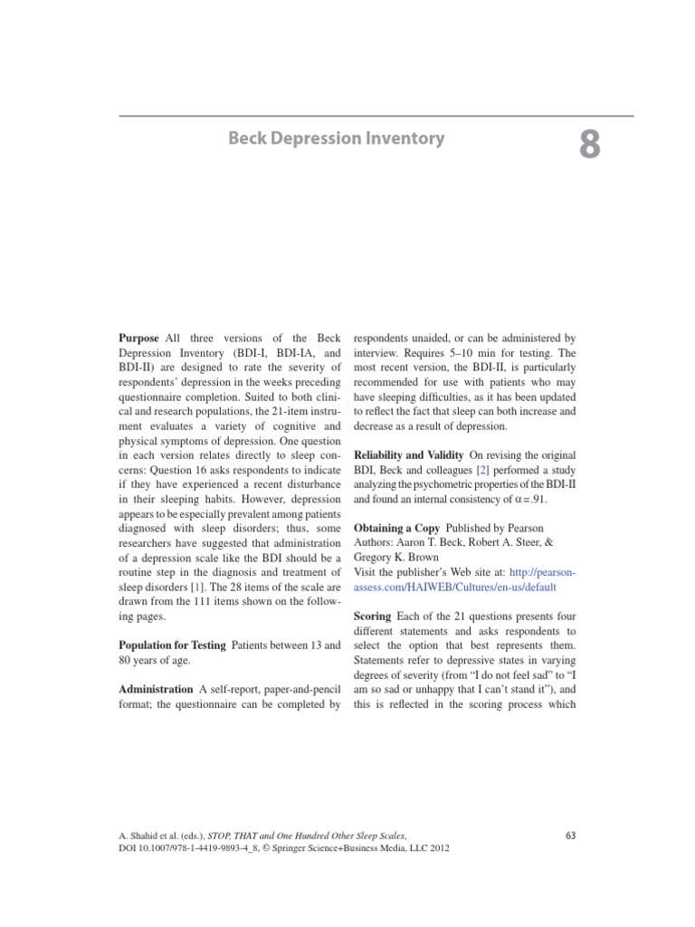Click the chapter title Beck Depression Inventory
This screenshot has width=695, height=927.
click(336, 139)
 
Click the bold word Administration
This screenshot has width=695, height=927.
click(156, 689)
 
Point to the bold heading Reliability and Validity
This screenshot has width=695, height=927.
click(407, 454)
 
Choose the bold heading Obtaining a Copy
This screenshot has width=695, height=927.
click(395, 528)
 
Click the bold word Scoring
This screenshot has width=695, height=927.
click(371, 615)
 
